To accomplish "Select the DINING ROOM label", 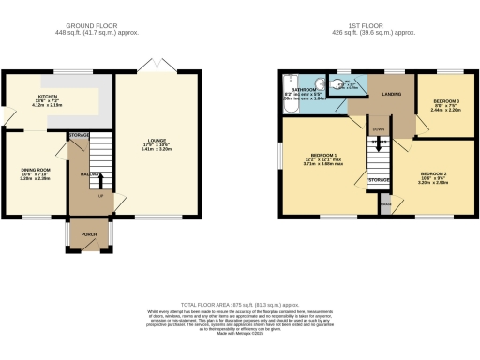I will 35,169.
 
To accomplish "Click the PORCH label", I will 89,233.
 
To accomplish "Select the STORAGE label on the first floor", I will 379,179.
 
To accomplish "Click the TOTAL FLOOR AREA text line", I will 240,306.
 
